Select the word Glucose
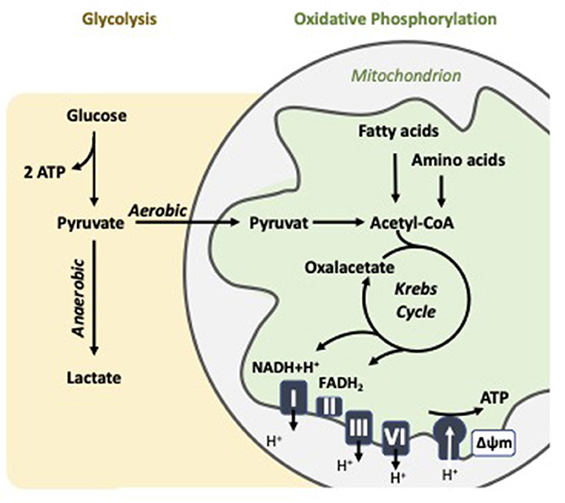point(97,116)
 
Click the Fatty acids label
point(393,132)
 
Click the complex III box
point(358,425)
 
